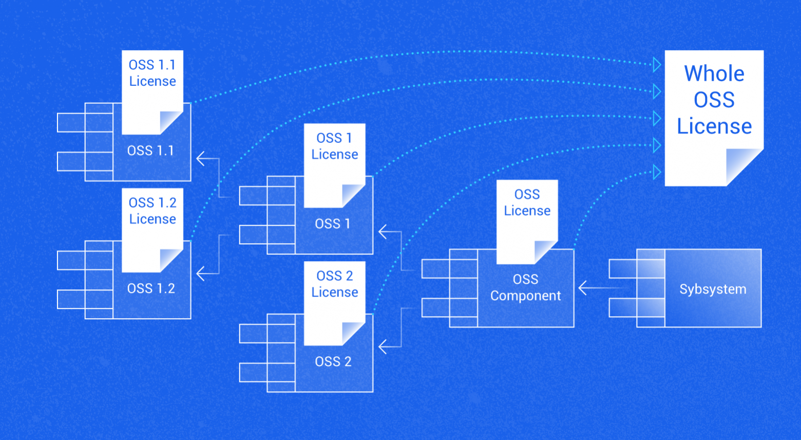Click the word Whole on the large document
[714, 74]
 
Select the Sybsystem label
[713, 289]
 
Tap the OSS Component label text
[525, 287]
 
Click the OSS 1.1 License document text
[152, 73]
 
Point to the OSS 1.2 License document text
[152, 211]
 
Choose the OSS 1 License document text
[334, 146]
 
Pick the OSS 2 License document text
[334, 284]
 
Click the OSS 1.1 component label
[150, 151]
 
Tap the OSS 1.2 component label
[151, 288]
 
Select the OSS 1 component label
[333, 224]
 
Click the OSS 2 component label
[333, 361]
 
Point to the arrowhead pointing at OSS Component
[583, 288]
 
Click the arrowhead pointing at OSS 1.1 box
[201, 159]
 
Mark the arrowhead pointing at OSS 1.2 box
[201, 273]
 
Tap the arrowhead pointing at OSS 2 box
[383, 346]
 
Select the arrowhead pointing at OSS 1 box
[383, 232]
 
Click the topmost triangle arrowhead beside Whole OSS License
[657, 65]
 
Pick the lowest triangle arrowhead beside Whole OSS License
[657, 172]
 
